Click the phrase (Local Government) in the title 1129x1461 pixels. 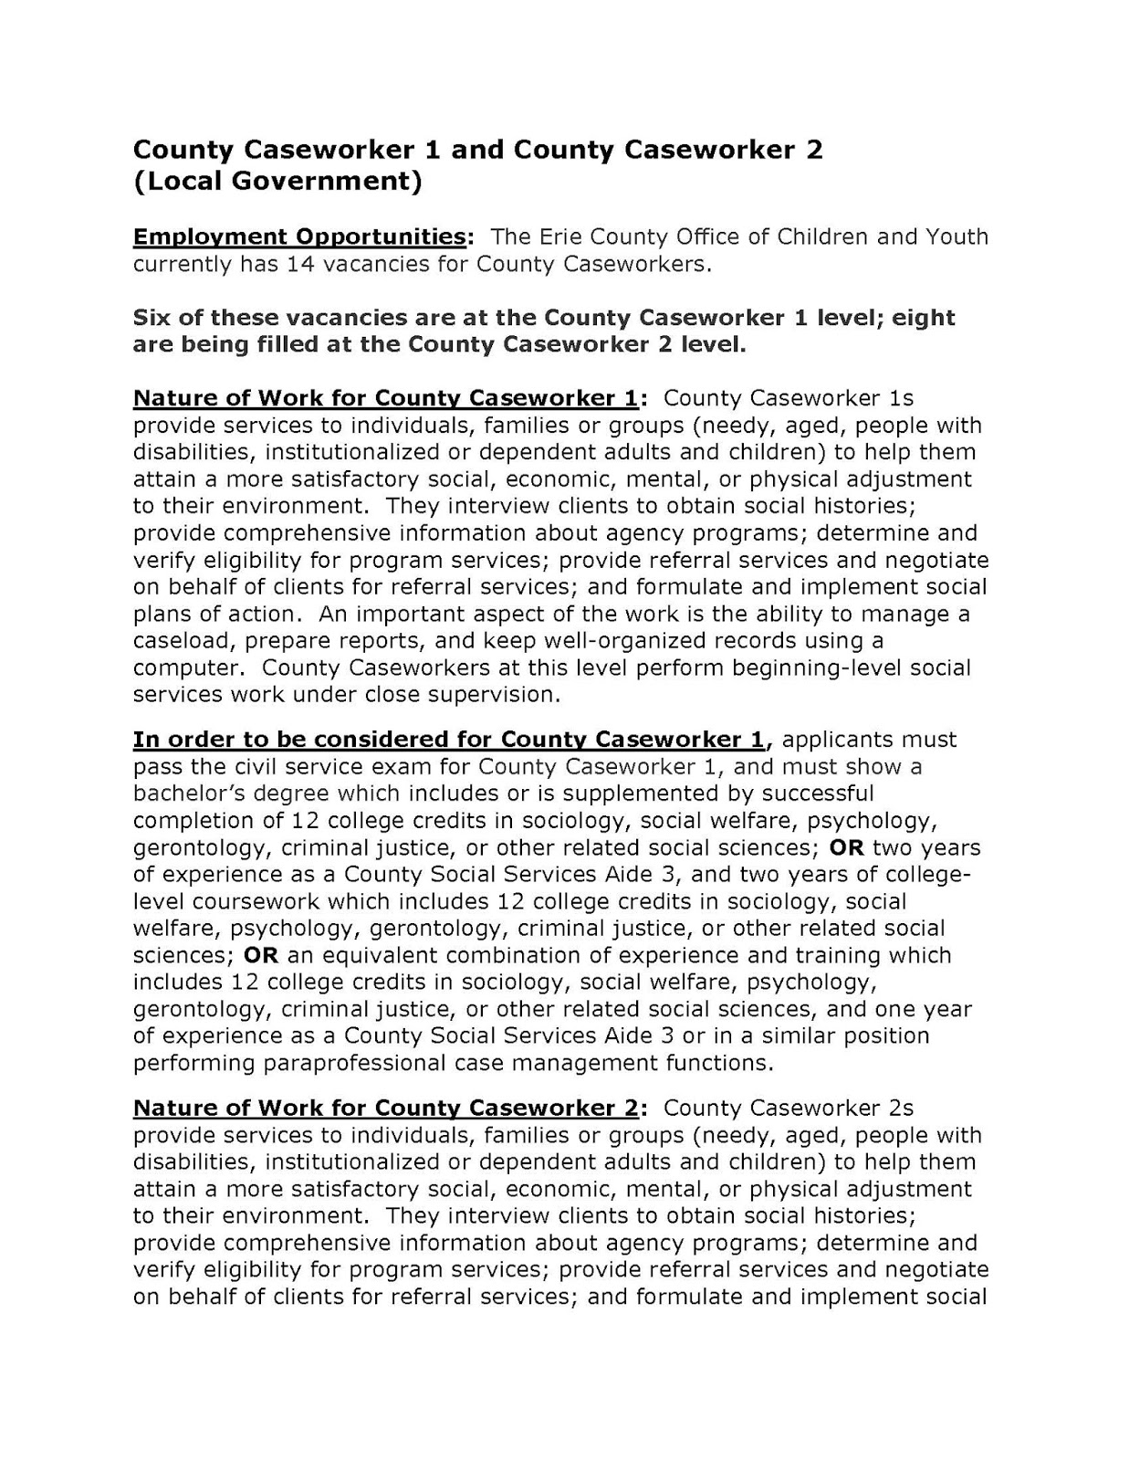click(277, 181)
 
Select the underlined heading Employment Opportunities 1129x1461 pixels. click(299, 237)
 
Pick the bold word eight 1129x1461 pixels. click(924, 318)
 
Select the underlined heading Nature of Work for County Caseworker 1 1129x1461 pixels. click(385, 399)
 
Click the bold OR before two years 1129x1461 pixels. click(846, 847)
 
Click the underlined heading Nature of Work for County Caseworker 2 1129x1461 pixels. click(385, 1109)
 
